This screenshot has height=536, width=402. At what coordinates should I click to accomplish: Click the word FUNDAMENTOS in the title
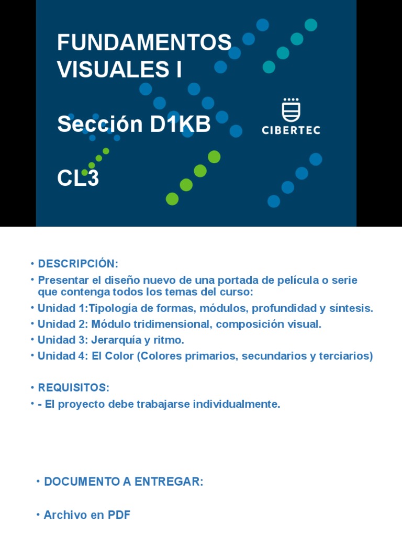coord(144,43)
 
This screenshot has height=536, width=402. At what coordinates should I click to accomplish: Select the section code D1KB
coord(180,125)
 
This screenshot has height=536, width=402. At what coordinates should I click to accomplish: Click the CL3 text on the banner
coord(78,179)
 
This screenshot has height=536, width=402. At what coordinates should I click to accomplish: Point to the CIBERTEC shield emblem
coord(291,110)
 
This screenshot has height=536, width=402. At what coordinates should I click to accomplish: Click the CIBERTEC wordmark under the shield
coord(291,130)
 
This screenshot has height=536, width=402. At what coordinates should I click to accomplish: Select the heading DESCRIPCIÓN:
coord(78,263)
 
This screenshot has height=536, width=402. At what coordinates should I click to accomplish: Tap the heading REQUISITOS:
coord(73,388)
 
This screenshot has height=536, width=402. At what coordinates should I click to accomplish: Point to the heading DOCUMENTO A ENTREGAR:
coord(124,482)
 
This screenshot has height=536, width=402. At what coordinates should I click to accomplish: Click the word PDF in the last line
coord(119,515)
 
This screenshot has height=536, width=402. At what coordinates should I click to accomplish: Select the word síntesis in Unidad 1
coord(352,308)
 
